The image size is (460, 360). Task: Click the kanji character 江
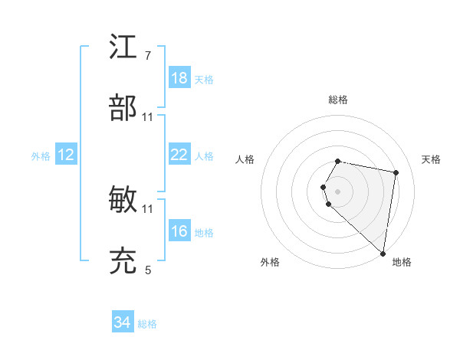123,47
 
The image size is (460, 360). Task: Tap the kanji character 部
123,108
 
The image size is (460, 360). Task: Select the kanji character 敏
123,200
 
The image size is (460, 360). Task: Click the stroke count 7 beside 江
148,56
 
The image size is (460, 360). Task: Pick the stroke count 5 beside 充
148,270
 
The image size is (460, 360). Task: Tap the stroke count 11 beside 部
148,116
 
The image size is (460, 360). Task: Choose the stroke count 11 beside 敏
148,208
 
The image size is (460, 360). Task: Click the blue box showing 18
179,78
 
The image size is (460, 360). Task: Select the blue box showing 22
179,155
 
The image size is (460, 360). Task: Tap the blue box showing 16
179,231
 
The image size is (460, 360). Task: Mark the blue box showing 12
66,155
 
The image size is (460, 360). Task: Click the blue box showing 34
123,322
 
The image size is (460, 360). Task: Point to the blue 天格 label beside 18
204,80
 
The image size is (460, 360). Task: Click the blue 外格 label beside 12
41,156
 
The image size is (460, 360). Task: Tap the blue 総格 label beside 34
147,324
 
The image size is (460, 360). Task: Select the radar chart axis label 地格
402,262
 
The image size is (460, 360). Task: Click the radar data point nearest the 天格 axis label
396,173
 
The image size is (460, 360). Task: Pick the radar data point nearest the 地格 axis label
383,254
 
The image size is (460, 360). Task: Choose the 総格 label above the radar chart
338,100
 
